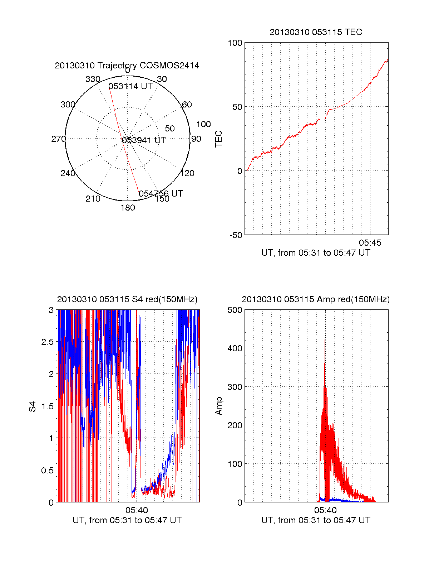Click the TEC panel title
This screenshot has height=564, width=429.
(x=316, y=32)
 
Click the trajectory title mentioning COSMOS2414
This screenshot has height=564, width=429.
(x=127, y=66)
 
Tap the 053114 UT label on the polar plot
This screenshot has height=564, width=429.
(x=130, y=86)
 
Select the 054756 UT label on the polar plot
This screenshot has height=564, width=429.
(x=161, y=194)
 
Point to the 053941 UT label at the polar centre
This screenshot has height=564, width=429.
(x=144, y=140)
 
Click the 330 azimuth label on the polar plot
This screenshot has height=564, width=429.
(x=93, y=79)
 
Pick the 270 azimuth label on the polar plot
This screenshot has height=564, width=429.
(x=59, y=139)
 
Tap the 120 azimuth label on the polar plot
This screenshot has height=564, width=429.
(x=187, y=174)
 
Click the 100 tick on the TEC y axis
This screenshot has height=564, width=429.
(x=235, y=43)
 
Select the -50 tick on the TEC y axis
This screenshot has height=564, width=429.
(x=236, y=235)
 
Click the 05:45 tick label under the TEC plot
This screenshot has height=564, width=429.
(x=370, y=243)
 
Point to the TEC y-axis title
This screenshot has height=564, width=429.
(x=218, y=139)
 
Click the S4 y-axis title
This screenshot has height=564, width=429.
(x=33, y=406)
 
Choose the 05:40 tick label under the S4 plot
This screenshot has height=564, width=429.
(x=137, y=510)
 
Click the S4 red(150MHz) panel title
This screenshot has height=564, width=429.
(x=127, y=299)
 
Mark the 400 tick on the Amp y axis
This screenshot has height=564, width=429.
(x=235, y=348)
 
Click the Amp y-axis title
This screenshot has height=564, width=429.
(x=218, y=406)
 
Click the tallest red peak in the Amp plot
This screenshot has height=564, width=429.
(x=324, y=341)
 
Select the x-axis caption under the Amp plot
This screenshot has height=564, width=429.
(x=316, y=520)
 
